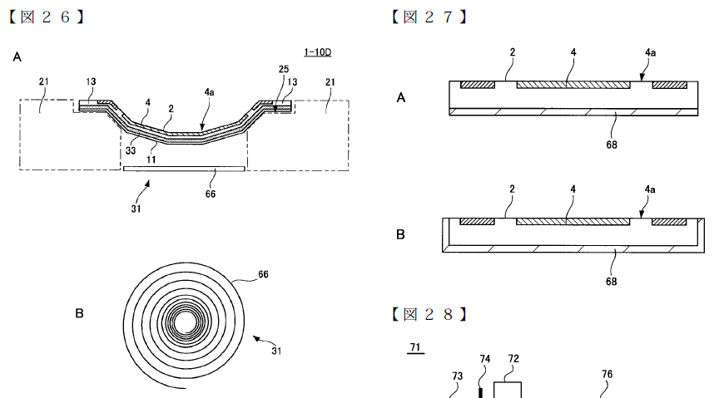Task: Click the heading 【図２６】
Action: (x=47, y=17)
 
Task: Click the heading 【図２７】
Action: (x=429, y=17)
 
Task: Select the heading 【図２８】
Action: (x=429, y=314)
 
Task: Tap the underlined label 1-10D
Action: (x=317, y=52)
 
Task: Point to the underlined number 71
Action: (x=415, y=347)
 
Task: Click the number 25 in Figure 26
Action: (x=284, y=69)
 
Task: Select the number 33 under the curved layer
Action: (x=131, y=150)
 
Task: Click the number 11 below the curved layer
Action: (x=151, y=160)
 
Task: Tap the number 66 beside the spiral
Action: (x=263, y=274)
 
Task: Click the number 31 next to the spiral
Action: (x=276, y=351)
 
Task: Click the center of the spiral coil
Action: (x=185, y=322)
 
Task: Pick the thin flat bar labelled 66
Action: (x=184, y=169)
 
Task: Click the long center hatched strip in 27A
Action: (x=573, y=85)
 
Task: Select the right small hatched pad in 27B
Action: (x=669, y=222)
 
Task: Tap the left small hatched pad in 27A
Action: (x=478, y=85)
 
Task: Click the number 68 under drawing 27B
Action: (x=612, y=281)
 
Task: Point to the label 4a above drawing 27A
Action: (x=650, y=52)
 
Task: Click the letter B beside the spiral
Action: (x=79, y=314)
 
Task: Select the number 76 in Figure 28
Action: (x=607, y=374)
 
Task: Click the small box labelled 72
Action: (x=508, y=390)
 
